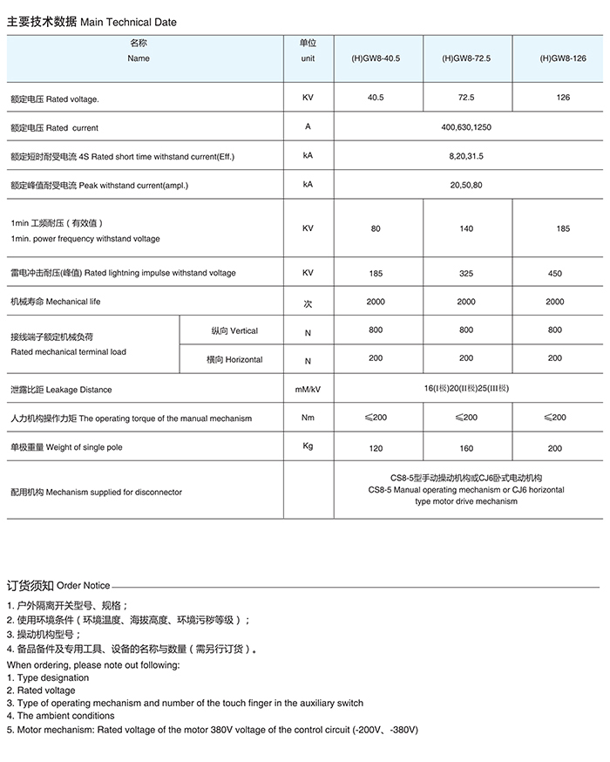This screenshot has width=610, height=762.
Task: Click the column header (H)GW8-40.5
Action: pos(376,58)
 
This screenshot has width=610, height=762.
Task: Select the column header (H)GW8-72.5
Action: pos(466,58)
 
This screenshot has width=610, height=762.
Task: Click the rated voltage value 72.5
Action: pos(466,98)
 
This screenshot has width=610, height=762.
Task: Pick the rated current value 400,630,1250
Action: pos(466,127)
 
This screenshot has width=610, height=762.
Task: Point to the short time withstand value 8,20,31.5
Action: pos(466,156)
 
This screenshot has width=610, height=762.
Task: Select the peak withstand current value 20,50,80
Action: pos(466,186)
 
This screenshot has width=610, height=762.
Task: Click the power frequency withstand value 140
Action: pos(466,228)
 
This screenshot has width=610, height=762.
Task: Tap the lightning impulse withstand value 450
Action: pos(555,273)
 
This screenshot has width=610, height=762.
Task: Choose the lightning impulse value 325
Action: pos(466,273)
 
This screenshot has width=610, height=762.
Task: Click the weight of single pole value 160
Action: pos(466,448)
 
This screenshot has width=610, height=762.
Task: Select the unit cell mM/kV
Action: pos(308,390)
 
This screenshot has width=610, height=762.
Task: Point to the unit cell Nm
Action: pos(308,418)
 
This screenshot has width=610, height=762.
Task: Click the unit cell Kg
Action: pos(308,446)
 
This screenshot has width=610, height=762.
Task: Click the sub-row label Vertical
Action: pos(234,331)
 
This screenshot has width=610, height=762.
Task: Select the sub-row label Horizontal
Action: pos(234,359)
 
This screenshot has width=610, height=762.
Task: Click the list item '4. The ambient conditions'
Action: pos(60,716)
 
